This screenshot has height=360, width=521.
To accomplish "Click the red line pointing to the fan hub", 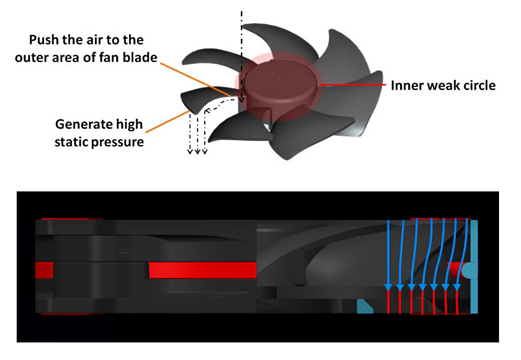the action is click(353, 85).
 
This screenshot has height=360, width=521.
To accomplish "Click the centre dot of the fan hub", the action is click(280, 79).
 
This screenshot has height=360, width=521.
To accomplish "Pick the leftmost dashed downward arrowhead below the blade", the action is click(190, 152).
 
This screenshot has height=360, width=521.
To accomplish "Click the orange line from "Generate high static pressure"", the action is click(167, 122).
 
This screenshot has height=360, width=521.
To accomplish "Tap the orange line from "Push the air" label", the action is click(196, 79).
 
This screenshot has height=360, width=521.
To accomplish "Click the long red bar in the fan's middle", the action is click(203, 270).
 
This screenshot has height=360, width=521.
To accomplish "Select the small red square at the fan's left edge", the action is click(44, 270).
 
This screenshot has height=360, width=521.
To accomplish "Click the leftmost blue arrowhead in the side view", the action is click(388, 287).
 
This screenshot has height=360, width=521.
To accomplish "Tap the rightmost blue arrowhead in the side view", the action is click(457, 287).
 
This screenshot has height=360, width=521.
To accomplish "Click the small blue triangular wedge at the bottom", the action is click(365, 306).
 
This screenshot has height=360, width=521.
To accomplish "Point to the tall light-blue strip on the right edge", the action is click(474, 266).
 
